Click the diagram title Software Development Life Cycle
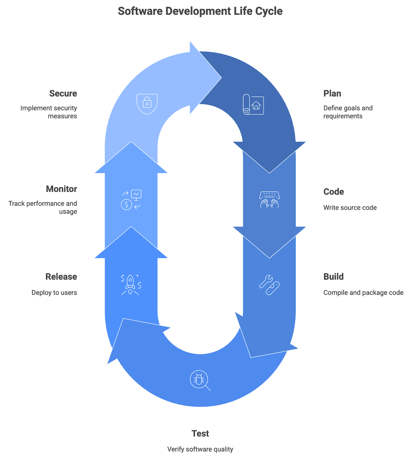(200, 11)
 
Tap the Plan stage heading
(332, 94)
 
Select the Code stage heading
(333, 192)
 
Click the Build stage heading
(333, 277)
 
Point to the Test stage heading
(200, 433)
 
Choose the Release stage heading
(61, 277)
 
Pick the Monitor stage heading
(61, 189)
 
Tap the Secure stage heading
(63, 94)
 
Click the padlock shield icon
(147, 104)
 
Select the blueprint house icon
(253, 104)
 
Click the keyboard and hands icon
(269, 200)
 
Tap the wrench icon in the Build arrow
(266, 281)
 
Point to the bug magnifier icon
(200, 381)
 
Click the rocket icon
(130, 285)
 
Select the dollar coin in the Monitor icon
(127, 204)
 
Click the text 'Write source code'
(350, 207)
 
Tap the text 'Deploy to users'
(54, 292)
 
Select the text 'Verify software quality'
(200, 449)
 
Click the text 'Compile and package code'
(363, 292)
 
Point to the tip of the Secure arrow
(221, 78)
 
